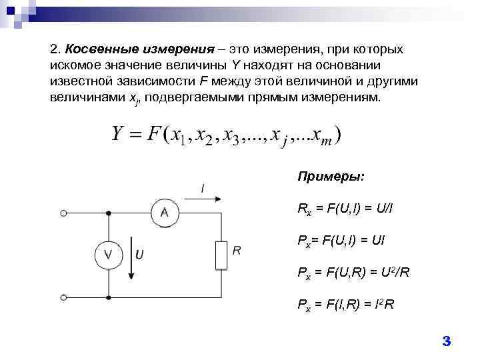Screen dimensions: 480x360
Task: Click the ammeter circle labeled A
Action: (164, 214)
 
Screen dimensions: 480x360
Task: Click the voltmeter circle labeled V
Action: (110, 255)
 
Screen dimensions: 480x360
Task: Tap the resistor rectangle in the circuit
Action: (221, 255)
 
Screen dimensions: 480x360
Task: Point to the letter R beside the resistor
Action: (237, 251)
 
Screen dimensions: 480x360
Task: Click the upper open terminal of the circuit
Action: (63, 214)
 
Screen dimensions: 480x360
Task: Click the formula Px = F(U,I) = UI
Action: (341, 240)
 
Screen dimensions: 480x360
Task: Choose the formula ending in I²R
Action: (345, 305)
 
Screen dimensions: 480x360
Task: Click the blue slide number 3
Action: (447, 341)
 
